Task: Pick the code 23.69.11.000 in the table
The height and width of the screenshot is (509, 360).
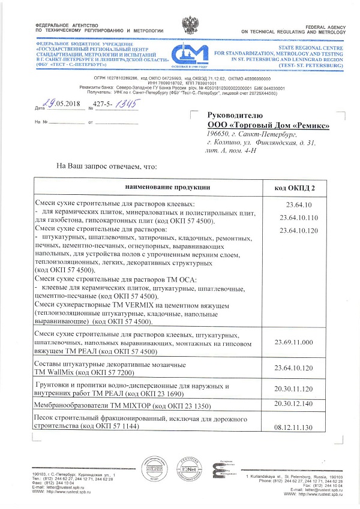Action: [x=294, y=342]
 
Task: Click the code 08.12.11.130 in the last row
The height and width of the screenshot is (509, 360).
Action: [x=294, y=427]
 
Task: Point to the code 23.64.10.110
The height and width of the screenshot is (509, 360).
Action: [x=294, y=217]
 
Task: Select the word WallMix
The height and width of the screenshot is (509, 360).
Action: [x=57, y=373]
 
